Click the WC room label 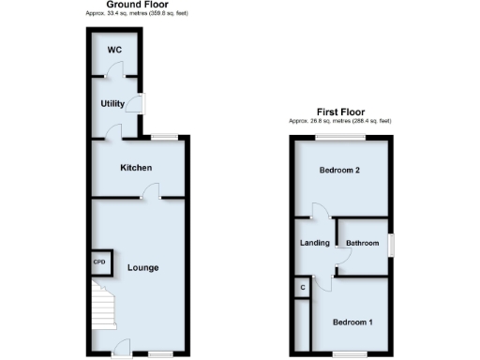(112, 48)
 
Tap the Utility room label (112, 103)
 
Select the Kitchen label (136, 168)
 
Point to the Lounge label (143, 268)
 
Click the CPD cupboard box (99, 262)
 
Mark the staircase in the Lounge (101, 313)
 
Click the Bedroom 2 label (339, 171)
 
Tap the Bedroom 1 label (353, 322)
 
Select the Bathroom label (363, 244)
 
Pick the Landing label (314, 244)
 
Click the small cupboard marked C (302, 287)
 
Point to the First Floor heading (339, 112)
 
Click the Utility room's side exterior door (141, 103)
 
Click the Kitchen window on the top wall (166, 137)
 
